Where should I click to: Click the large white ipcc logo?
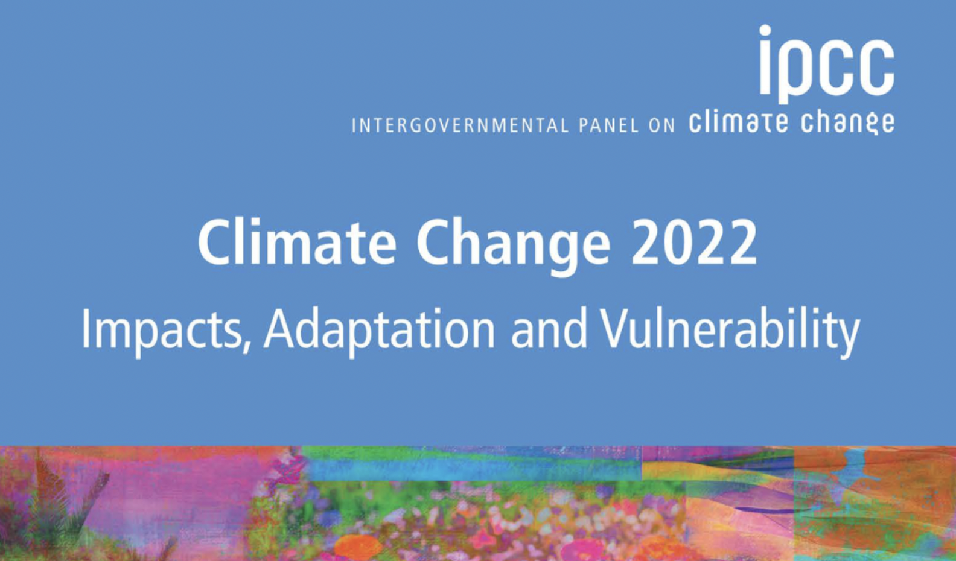click(x=826, y=64)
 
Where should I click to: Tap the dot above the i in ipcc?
click(x=765, y=31)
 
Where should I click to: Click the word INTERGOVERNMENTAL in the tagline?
click(x=460, y=126)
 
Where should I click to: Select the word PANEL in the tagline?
click(x=608, y=126)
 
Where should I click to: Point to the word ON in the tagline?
click(x=661, y=126)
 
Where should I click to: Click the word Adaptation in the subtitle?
click(x=380, y=332)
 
